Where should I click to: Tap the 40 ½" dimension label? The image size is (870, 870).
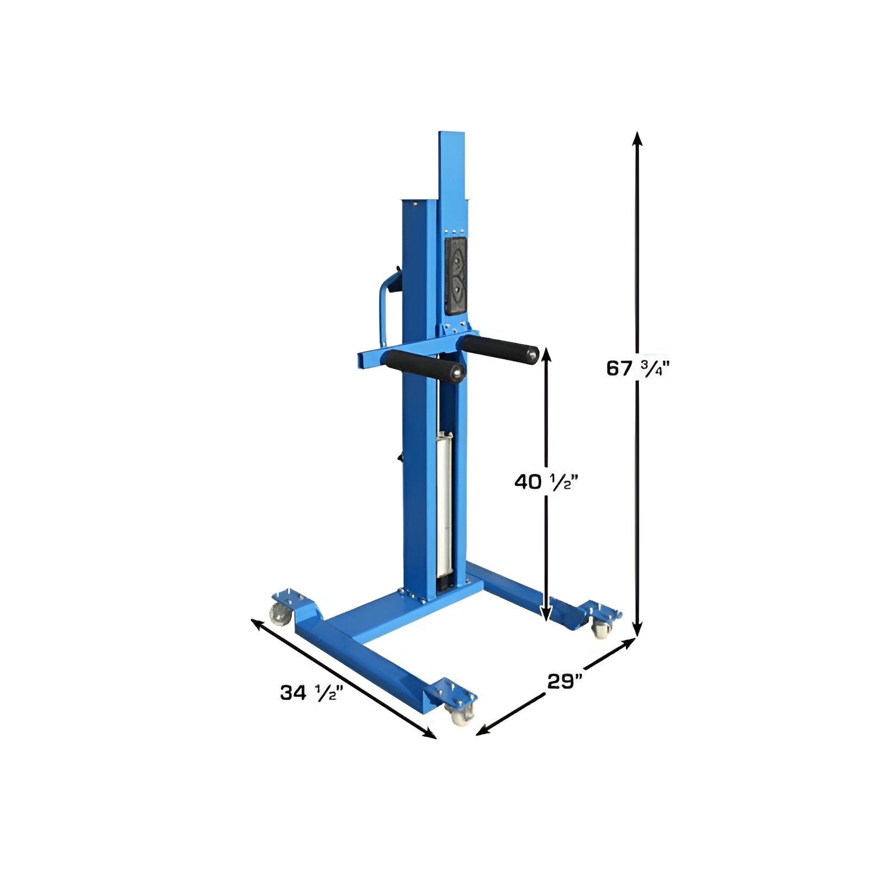(x=545, y=481)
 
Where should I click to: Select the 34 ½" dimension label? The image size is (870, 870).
(x=312, y=693)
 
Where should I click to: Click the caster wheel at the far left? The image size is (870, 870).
(x=279, y=615)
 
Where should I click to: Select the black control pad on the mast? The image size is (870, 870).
(x=456, y=276)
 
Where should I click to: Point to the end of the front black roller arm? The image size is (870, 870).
(x=458, y=374)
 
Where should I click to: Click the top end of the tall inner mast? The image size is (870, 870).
(x=452, y=134)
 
